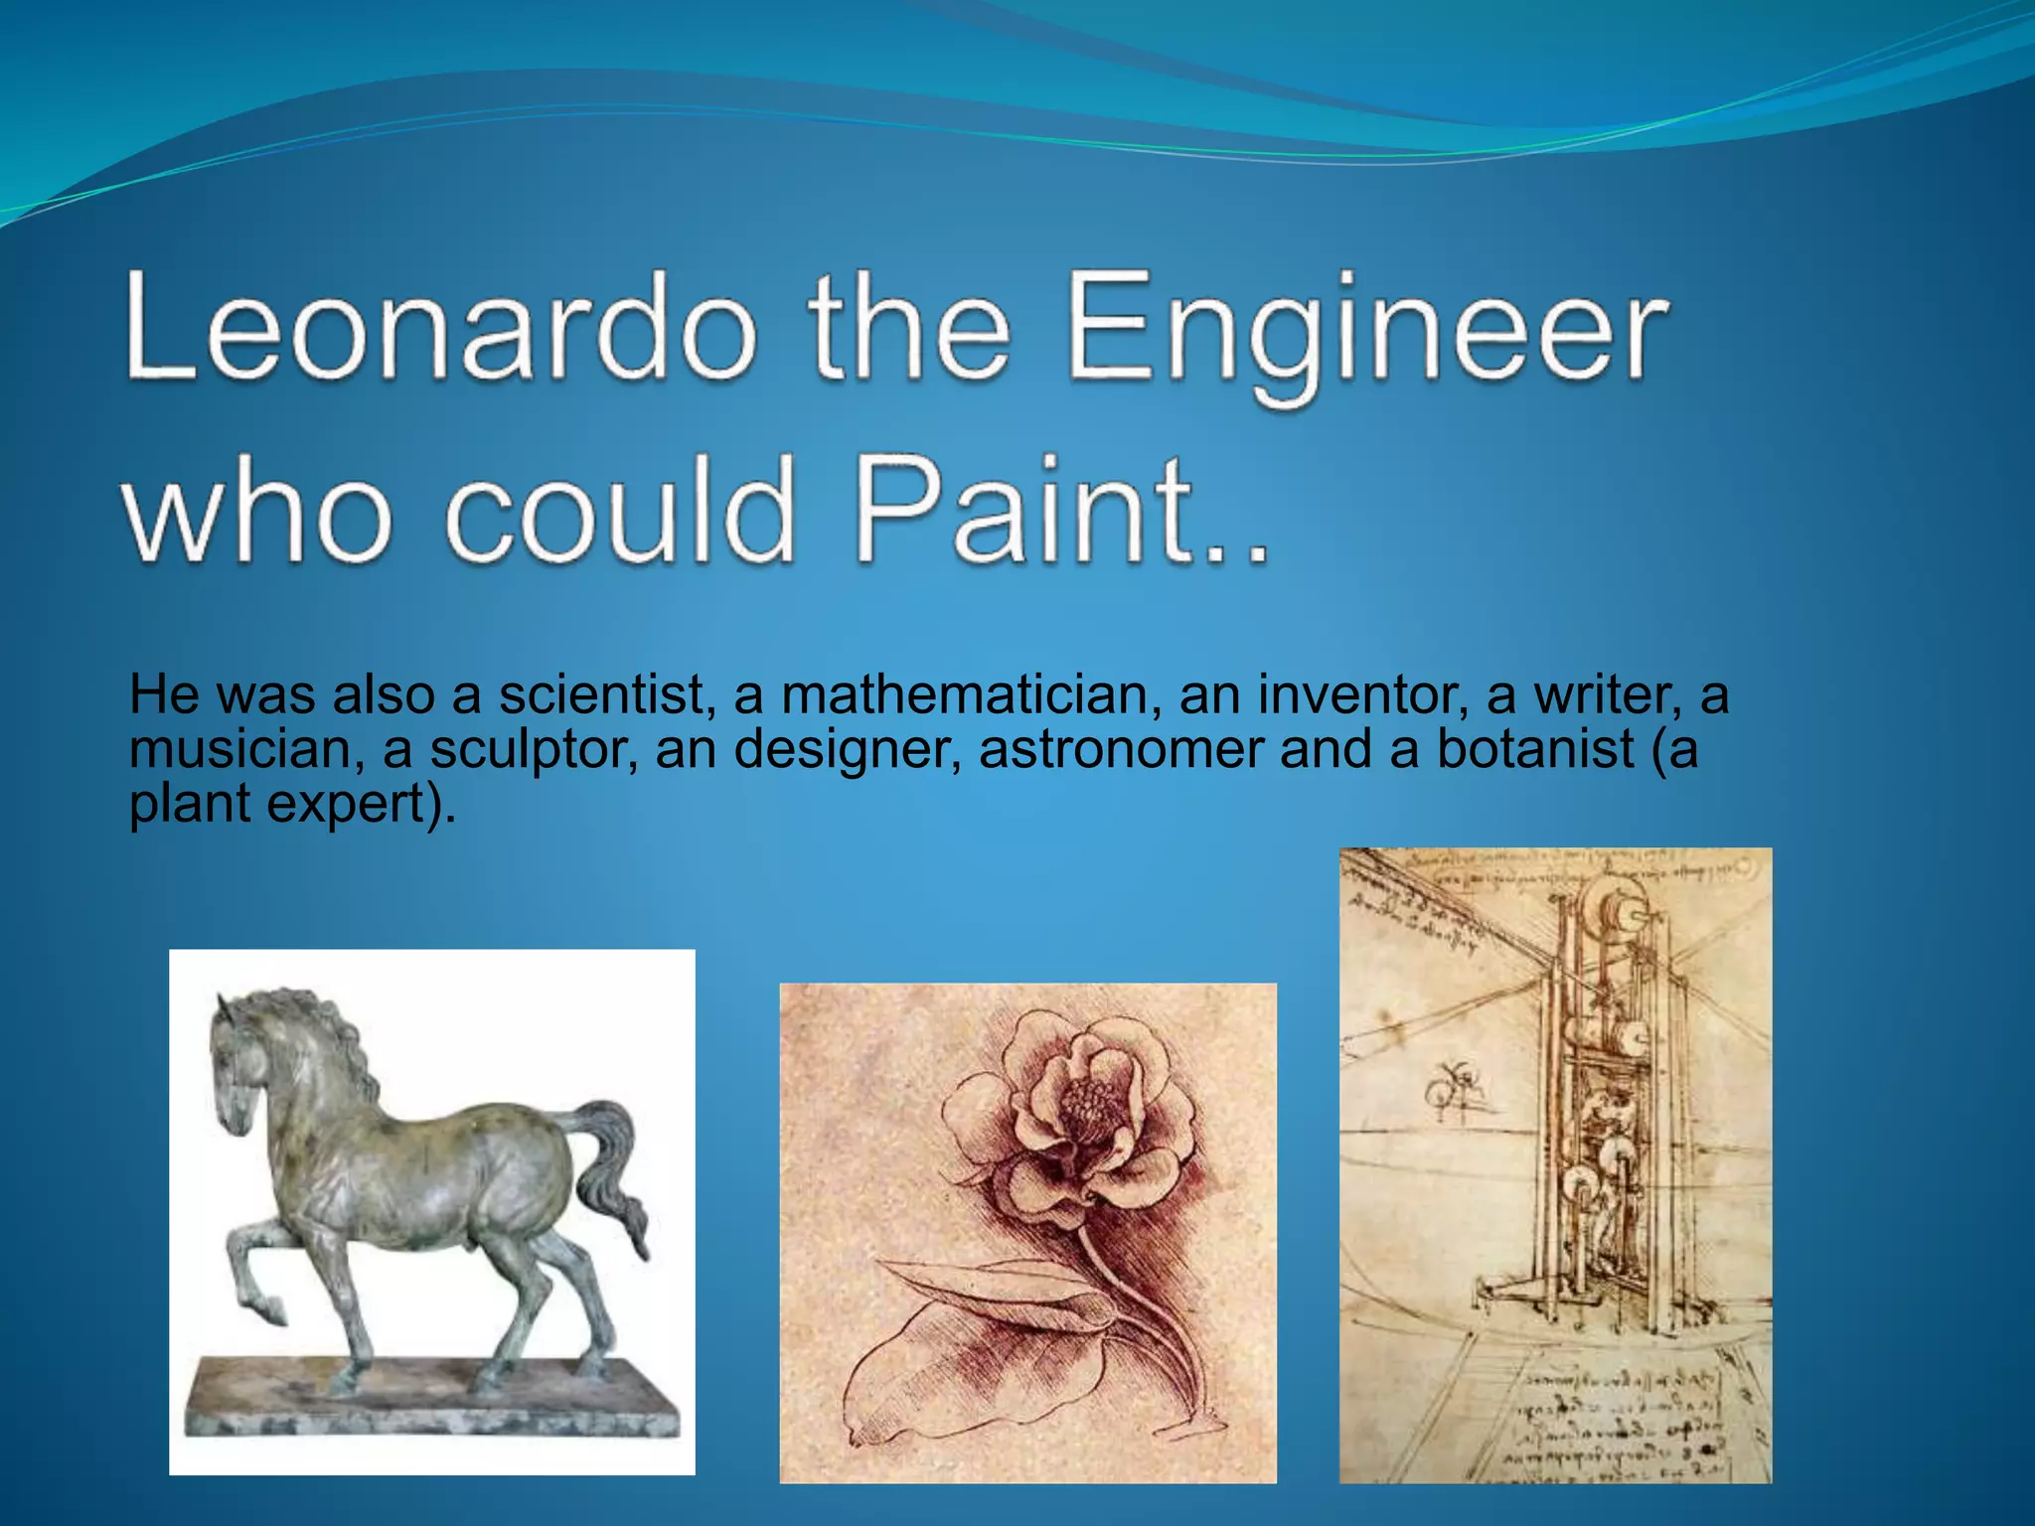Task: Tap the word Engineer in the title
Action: pyautogui.click(x=1366, y=333)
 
